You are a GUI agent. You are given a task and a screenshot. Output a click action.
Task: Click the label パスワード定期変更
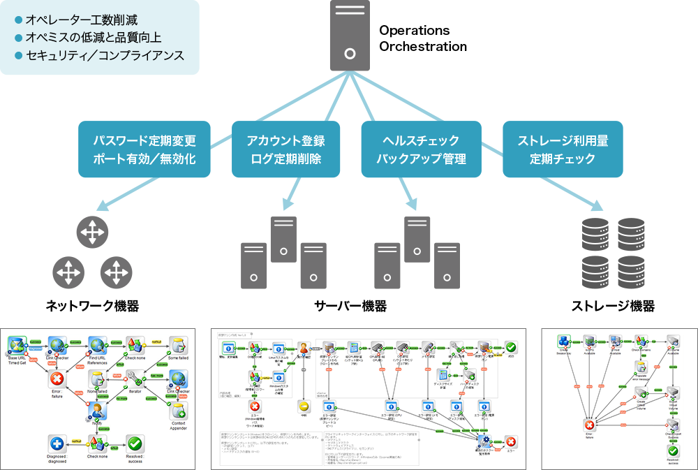tap(144, 141)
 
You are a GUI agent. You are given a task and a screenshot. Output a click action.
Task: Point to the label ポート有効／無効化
tap(144, 159)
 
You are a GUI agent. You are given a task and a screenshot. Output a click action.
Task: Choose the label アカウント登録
tap(285, 141)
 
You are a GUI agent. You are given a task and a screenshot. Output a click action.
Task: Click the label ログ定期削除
tap(285, 159)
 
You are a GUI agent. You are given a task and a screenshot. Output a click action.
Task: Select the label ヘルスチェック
tap(421, 141)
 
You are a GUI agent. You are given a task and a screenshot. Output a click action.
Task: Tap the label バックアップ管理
tap(421, 159)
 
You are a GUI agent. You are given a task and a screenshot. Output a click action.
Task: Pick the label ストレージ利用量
tap(562, 141)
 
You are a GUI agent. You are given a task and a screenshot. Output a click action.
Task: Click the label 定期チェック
tap(562, 159)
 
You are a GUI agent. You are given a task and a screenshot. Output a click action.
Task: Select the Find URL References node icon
tap(96, 344)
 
